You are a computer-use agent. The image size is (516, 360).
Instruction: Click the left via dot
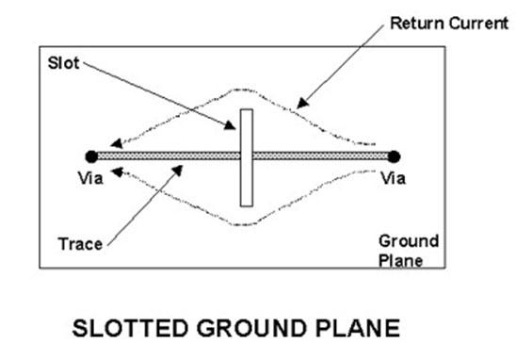click(91, 156)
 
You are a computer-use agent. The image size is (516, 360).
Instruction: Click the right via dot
click(394, 156)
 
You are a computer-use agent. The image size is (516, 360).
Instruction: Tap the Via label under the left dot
click(90, 178)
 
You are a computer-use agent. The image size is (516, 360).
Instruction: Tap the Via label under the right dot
click(394, 178)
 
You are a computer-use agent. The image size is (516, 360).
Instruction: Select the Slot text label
click(63, 63)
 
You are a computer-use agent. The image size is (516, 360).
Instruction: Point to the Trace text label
click(80, 244)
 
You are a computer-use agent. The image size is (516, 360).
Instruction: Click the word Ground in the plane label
click(409, 241)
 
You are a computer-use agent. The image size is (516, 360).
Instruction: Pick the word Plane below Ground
click(400, 260)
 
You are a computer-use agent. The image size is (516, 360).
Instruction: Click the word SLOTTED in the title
click(130, 328)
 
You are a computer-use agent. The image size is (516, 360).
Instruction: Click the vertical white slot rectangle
click(247, 157)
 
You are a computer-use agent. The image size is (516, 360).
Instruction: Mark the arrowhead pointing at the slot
click(231, 125)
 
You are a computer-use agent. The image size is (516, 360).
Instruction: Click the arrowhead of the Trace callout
click(178, 170)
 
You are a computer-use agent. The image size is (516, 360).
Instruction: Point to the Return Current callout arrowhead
click(302, 104)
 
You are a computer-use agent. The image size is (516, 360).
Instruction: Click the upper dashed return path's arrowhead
click(116, 143)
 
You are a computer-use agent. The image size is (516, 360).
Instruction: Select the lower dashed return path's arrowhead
click(117, 172)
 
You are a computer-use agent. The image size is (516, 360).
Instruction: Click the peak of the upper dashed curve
click(243, 90)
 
